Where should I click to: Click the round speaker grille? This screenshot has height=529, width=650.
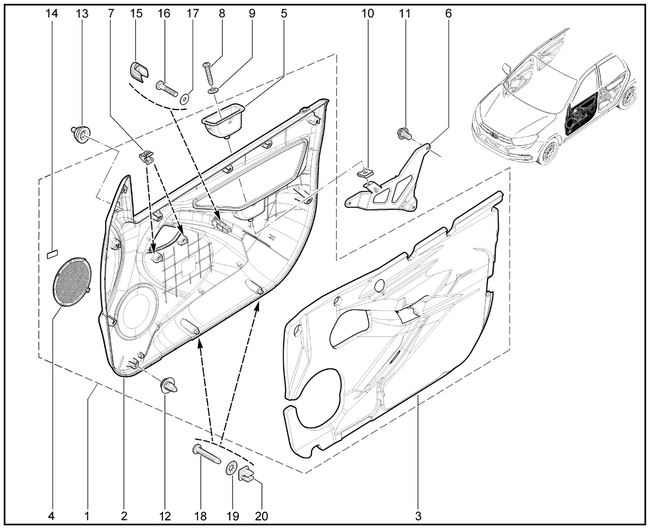click(x=72, y=282)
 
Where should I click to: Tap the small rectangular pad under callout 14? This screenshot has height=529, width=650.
click(x=52, y=254)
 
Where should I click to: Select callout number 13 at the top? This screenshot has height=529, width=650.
click(x=82, y=14)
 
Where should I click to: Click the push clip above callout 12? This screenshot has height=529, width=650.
click(x=169, y=386)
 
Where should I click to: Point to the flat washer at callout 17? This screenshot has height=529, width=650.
click(x=184, y=99)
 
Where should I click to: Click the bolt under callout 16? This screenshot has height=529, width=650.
click(x=167, y=88)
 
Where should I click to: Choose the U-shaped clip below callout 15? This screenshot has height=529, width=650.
click(x=138, y=72)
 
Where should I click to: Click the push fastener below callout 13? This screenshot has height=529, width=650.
click(x=81, y=134)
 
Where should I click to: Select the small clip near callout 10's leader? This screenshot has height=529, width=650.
click(x=365, y=173)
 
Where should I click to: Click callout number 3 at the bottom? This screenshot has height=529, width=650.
click(x=418, y=517)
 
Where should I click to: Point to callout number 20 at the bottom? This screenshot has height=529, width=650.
click(x=261, y=517)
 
